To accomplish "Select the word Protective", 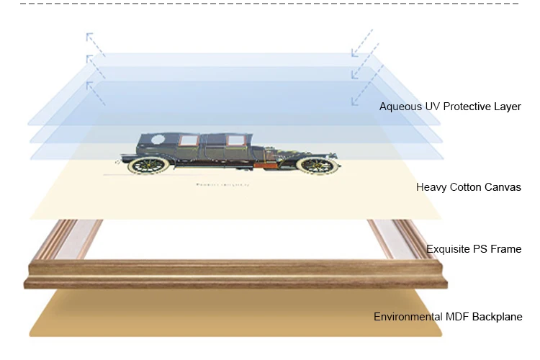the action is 465,107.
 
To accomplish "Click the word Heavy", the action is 431,187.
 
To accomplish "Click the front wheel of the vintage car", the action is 317,164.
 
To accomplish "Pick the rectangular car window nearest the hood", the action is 235,141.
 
